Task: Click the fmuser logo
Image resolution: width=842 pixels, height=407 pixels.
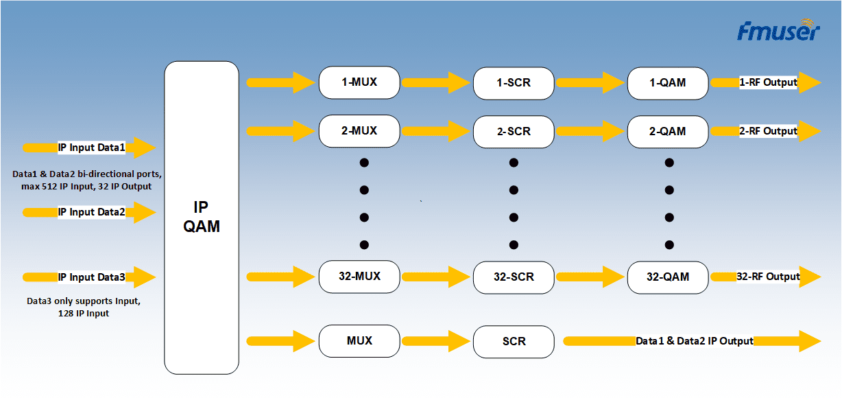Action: point(778,31)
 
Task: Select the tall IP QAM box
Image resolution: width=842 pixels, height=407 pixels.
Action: point(202,218)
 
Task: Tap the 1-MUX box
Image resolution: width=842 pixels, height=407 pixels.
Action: point(359,82)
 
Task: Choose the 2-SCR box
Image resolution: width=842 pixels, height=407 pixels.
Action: point(514,131)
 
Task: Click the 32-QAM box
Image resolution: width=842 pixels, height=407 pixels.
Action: point(668,277)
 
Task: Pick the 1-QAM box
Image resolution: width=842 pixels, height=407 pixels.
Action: point(668,83)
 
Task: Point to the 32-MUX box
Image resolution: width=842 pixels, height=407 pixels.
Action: point(359,277)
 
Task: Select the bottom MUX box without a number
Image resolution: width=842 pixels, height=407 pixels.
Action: point(359,341)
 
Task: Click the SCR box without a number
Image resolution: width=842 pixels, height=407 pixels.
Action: point(514,341)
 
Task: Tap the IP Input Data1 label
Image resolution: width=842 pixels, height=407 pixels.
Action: point(92,147)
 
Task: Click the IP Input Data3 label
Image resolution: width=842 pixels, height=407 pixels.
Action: point(92,277)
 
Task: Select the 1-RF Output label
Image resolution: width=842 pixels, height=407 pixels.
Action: point(768,82)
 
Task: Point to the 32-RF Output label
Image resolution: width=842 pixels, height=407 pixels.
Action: point(768,277)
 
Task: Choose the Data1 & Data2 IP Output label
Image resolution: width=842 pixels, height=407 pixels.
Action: point(695,341)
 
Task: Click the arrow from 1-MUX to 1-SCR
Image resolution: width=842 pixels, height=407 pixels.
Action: point(435,83)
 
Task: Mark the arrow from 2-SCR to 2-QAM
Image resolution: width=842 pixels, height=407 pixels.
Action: point(590,131)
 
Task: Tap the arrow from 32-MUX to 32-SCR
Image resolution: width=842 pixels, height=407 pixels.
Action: point(435,277)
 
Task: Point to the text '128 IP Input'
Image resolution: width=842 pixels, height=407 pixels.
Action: point(84,314)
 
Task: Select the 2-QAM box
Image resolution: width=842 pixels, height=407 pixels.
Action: point(668,131)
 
